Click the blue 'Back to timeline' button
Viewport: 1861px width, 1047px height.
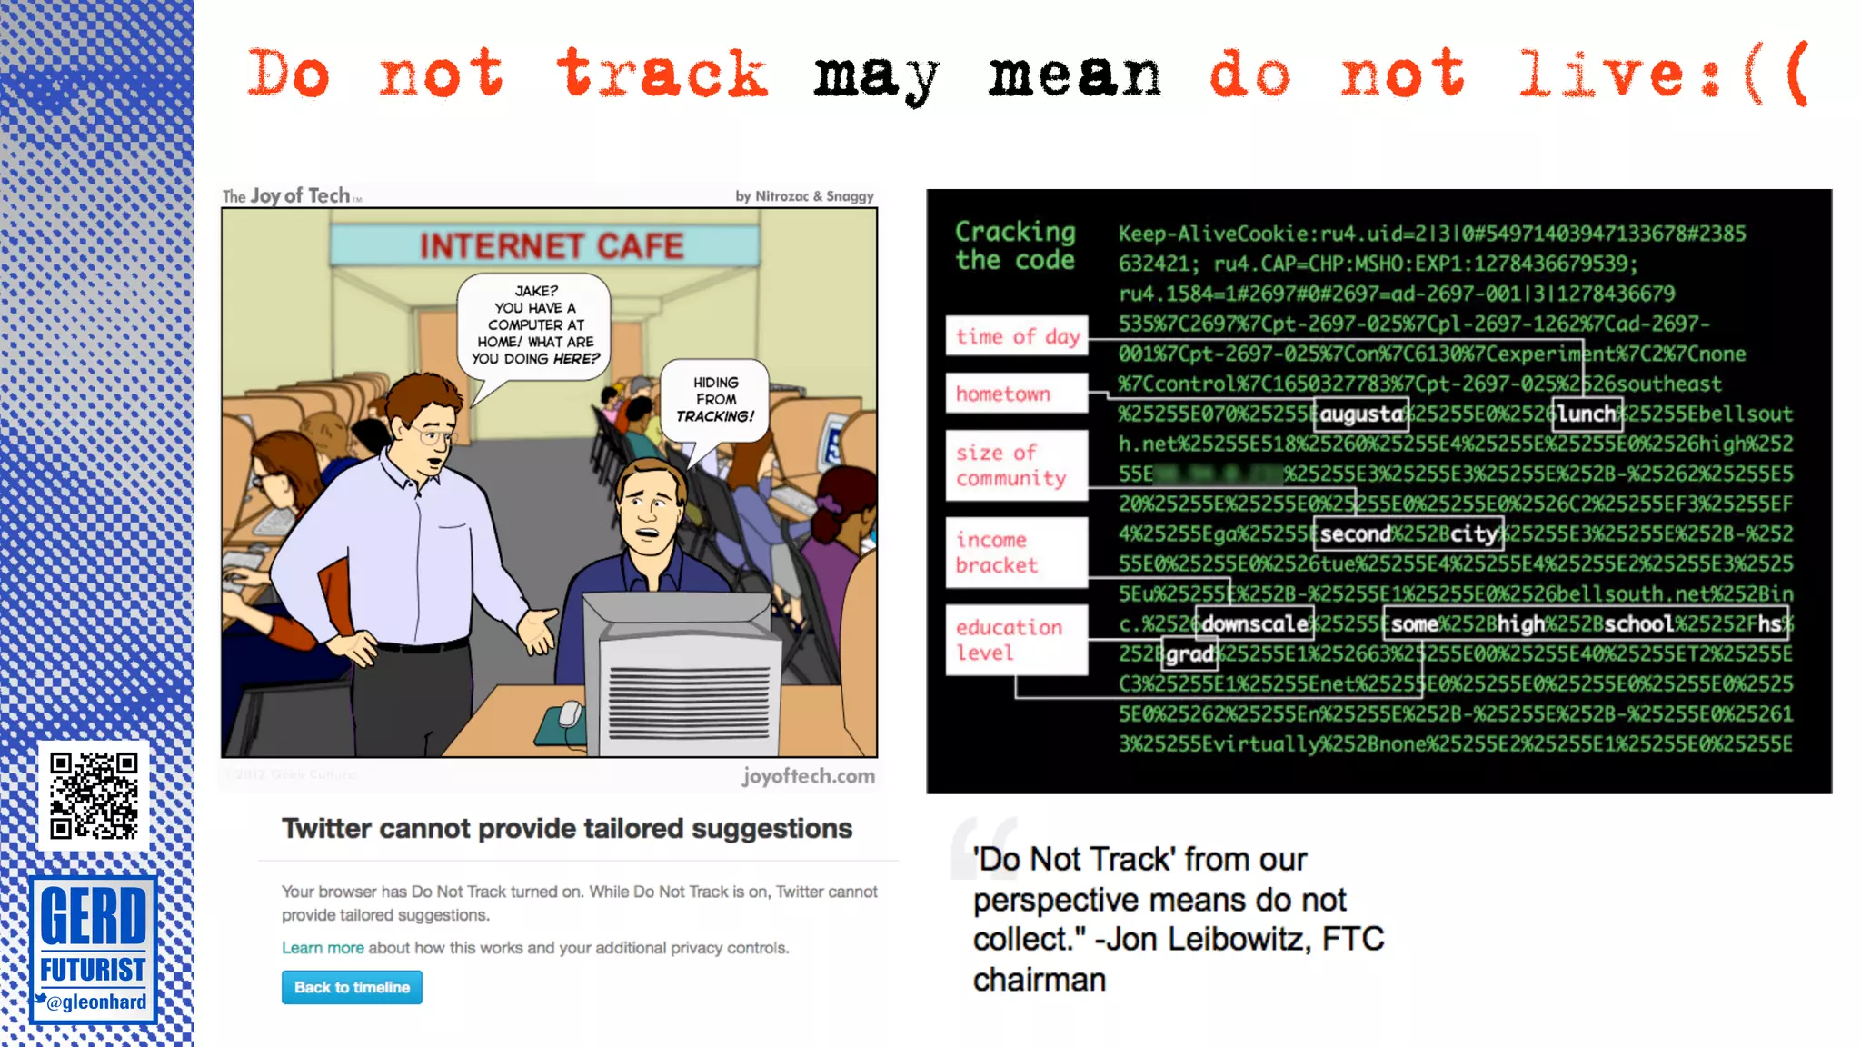pos(352,987)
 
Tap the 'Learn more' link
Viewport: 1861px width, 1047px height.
pos(322,948)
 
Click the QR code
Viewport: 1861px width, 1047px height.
pos(94,795)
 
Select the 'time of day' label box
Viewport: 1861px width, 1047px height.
pos(1016,337)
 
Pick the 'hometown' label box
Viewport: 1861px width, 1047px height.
pos(1016,394)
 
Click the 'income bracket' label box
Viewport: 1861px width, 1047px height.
pos(1016,552)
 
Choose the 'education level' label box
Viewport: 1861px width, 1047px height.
pos(1016,639)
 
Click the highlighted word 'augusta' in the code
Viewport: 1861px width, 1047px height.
pos(1360,414)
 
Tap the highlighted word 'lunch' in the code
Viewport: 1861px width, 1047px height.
pos(1587,414)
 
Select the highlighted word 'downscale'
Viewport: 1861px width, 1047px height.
pos(1254,623)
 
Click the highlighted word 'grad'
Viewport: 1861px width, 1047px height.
pos(1189,653)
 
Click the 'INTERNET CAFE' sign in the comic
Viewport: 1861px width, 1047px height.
pos(550,245)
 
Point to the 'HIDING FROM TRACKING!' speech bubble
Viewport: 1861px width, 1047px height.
pos(715,400)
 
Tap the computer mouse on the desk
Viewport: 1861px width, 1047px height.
pos(571,713)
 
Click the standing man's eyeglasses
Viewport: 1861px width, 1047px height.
pos(435,437)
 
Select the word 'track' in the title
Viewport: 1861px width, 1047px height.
pos(662,75)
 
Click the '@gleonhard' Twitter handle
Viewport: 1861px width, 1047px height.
pos(95,1002)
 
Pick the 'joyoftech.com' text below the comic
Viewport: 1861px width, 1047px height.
pos(808,776)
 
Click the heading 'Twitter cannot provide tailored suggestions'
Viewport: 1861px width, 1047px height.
pos(567,829)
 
